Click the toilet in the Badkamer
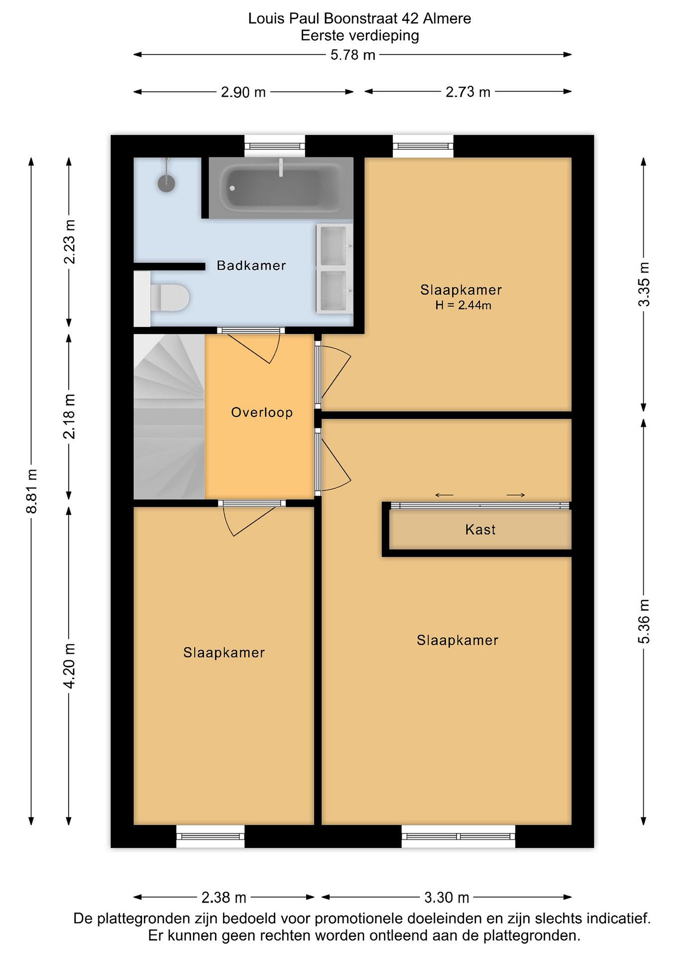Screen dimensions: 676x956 tap(162, 298)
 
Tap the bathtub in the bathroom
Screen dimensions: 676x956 tap(281, 188)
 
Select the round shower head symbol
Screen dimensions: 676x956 tap(167, 183)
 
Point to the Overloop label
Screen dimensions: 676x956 tap(262, 412)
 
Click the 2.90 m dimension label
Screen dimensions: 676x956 tap(243, 92)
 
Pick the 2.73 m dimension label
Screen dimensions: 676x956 tap(468, 92)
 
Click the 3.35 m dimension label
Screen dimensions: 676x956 tap(643, 284)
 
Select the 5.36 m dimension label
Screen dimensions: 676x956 tap(643, 621)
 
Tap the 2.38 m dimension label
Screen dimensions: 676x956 tap(224, 897)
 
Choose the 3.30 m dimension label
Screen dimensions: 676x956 tap(447, 897)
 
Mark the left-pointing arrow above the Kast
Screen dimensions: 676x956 tap(444, 495)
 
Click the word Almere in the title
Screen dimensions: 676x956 tap(447, 18)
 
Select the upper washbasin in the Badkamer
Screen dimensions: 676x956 tap(334, 246)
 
